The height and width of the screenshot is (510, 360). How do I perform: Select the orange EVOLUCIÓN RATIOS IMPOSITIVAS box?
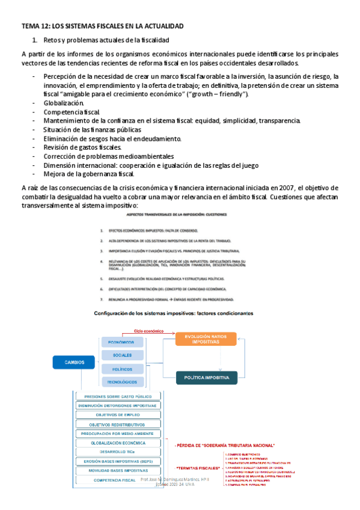(x=206, y=339)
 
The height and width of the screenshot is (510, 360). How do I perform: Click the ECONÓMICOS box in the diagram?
(x=122, y=342)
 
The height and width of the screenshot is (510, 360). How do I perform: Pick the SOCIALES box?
(x=122, y=355)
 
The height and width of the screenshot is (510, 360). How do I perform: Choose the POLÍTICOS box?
(x=122, y=369)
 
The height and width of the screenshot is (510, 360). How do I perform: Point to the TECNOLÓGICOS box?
(x=122, y=382)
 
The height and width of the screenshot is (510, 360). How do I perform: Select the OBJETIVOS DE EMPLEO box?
(x=118, y=415)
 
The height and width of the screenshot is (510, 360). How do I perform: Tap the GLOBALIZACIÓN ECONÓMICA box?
(x=118, y=443)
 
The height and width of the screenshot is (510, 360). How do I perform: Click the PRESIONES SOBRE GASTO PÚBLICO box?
(x=118, y=396)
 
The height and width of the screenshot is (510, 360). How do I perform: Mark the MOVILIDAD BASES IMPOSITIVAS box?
(x=118, y=470)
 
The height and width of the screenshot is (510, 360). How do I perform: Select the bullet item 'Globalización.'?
(x=59, y=103)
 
